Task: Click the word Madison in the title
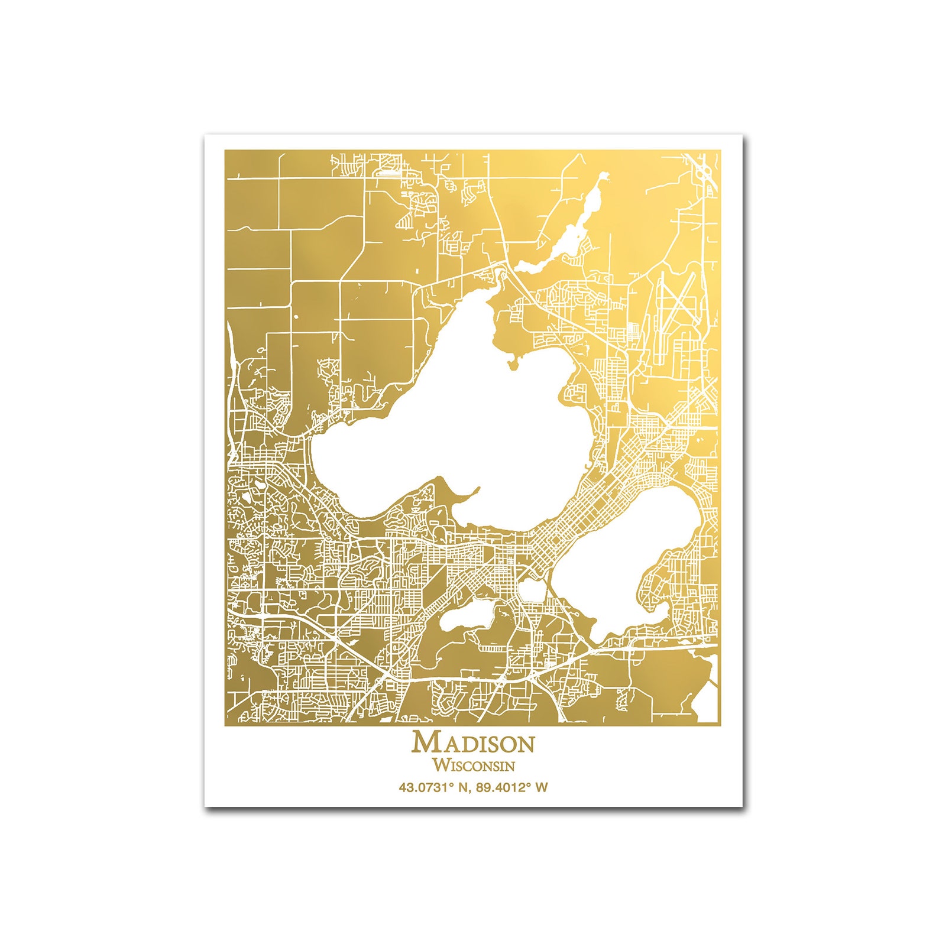point(473,742)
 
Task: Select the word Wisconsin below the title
point(473,765)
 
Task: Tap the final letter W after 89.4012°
point(542,787)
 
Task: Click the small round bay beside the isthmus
point(532,589)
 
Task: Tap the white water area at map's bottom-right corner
point(708,703)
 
